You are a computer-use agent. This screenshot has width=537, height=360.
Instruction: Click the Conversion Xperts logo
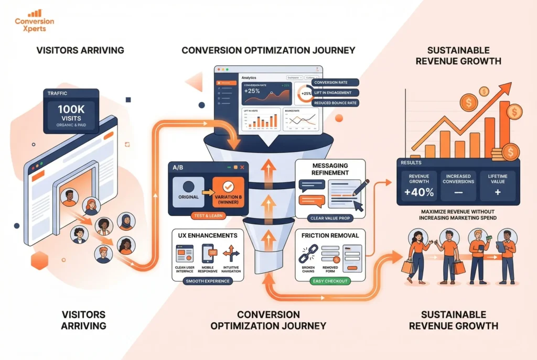[x=35, y=21]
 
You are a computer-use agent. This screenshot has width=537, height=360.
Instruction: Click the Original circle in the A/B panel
[x=188, y=189]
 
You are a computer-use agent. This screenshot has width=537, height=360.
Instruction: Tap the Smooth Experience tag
[x=207, y=281]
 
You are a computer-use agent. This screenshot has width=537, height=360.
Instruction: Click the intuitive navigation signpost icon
[x=231, y=253]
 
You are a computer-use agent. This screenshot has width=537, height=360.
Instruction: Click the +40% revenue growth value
[x=418, y=192]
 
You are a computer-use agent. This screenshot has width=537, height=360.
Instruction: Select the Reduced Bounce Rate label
[x=335, y=103]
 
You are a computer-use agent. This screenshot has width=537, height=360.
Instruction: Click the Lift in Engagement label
[x=335, y=93]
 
